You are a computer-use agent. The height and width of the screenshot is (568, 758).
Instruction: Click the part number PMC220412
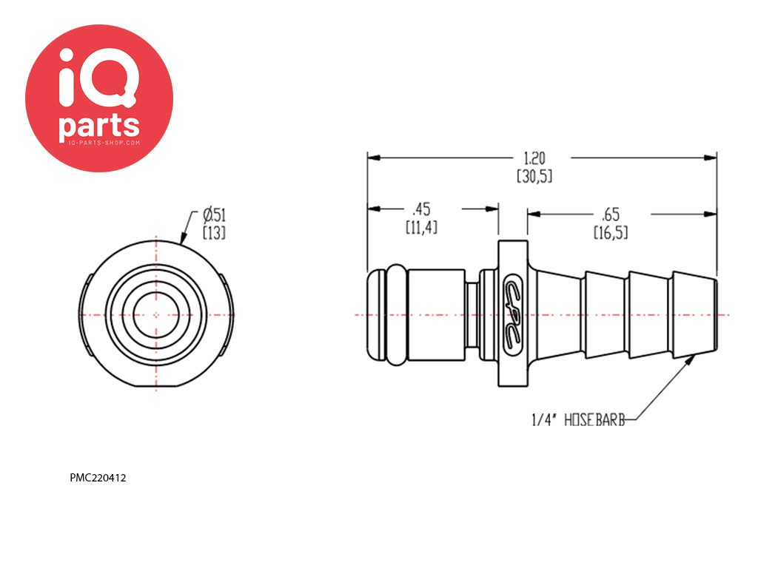coord(98,478)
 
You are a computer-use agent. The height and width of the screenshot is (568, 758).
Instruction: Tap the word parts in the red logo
coord(99,125)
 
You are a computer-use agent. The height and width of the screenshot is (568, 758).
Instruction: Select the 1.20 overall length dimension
coord(534,158)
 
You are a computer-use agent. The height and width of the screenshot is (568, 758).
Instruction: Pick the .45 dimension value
coord(421,209)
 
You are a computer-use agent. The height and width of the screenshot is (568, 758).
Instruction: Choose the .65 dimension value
coord(610,214)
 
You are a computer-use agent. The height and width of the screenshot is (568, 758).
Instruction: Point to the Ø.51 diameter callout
coord(214,214)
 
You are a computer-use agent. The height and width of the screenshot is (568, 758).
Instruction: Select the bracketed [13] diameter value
coord(214,233)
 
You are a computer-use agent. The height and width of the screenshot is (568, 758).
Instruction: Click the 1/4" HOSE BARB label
coord(578,420)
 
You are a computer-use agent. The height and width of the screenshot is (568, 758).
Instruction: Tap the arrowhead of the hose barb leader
coord(692,358)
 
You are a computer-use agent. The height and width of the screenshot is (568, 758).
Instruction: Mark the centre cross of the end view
coord(156,315)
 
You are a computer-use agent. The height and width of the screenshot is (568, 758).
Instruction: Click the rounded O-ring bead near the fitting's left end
coord(397,314)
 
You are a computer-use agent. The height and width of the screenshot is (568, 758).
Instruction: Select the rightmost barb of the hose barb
coord(694,314)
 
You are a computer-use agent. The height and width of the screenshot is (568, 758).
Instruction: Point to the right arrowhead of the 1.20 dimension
coord(710,158)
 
